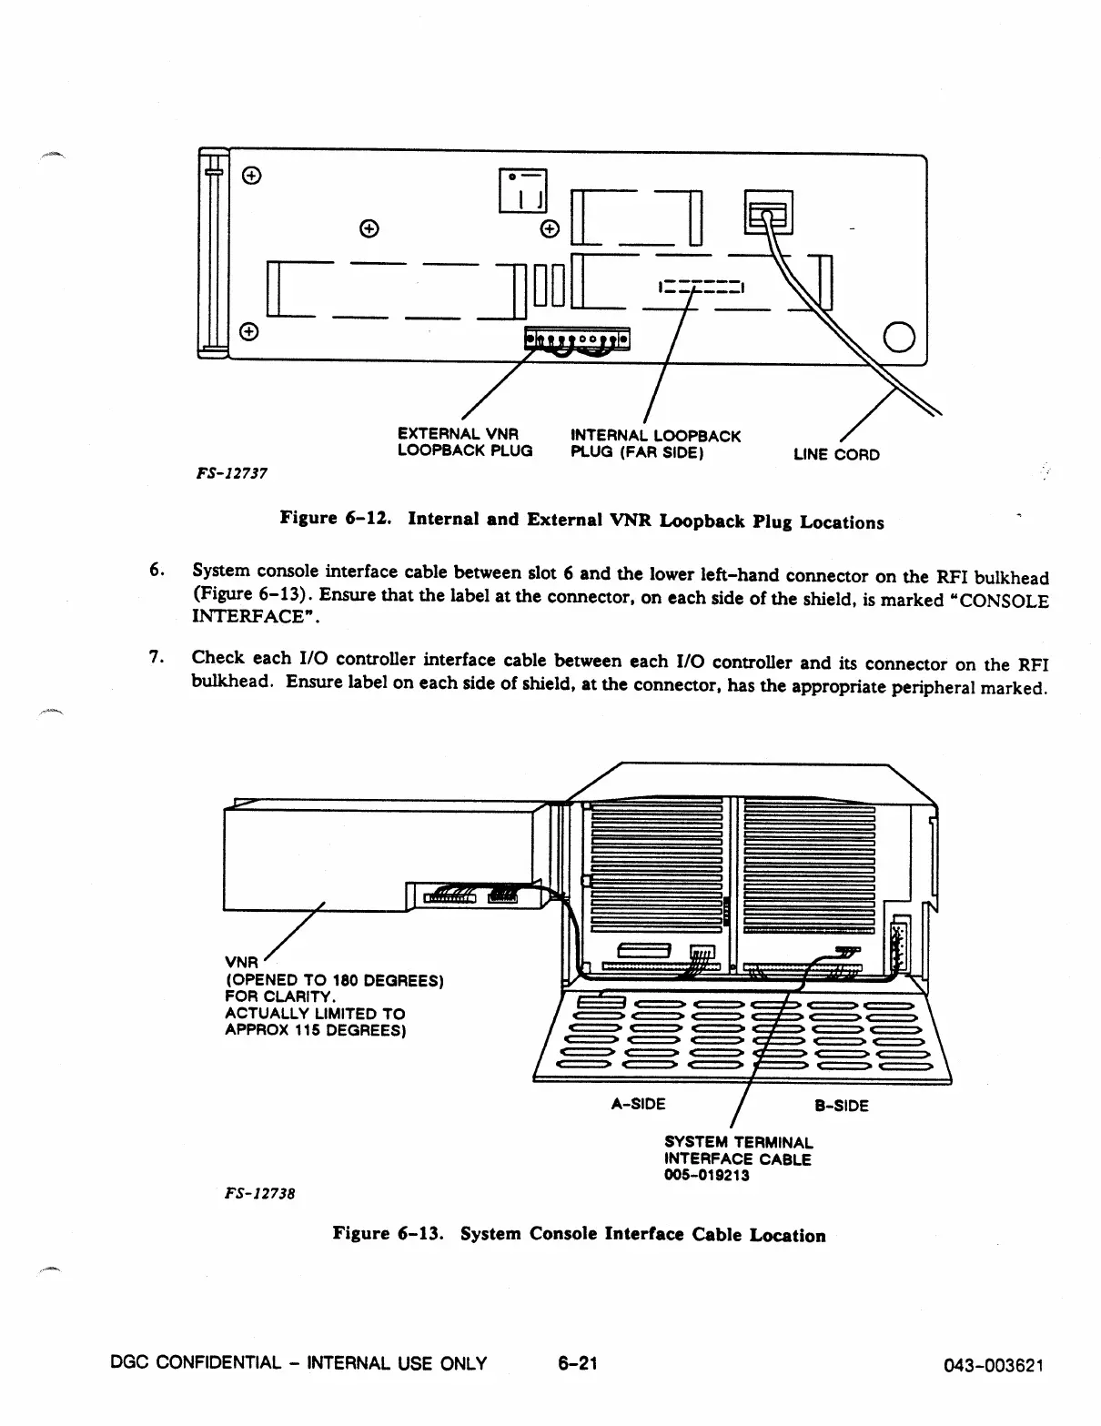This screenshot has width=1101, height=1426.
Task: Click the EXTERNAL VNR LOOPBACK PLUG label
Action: click(x=464, y=442)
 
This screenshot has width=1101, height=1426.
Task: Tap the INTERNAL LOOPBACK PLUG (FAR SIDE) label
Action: click(x=654, y=443)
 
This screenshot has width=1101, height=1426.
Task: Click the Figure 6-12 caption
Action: click(x=581, y=521)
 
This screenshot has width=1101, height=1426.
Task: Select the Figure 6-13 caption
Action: click(x=579, y=1234)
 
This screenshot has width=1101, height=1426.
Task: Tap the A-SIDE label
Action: click(x=638, y=1104)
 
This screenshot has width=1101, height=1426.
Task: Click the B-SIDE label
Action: click(x=841, y=1106)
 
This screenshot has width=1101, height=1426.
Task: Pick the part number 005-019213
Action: click(x=707, y=1175)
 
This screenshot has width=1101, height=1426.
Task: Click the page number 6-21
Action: click(x=577, y=1362)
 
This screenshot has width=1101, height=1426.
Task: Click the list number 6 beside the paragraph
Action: click(x=156, y=571)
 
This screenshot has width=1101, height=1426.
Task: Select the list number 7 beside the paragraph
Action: click(x=156, y=657)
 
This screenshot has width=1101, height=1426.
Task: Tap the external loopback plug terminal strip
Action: click(x=577, y=340)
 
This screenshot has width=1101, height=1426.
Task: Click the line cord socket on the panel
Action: click(x=768, y=211)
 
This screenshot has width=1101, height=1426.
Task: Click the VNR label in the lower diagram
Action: click(x=241, y=962)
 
